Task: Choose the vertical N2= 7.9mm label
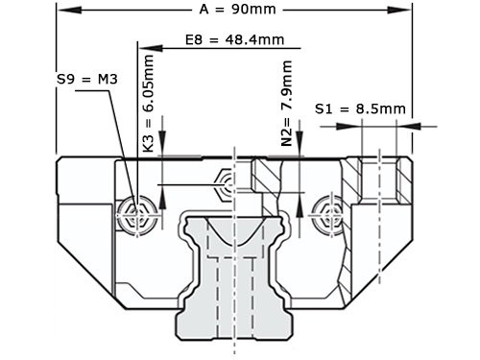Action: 286,103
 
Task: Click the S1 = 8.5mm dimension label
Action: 360,109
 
